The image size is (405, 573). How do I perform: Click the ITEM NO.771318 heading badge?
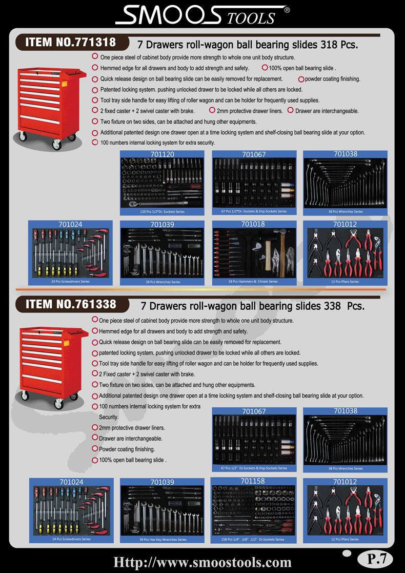point(72,43)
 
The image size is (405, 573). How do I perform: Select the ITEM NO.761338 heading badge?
point(72,304)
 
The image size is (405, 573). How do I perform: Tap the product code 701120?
point(164,154)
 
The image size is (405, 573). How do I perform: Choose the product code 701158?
point(253,481)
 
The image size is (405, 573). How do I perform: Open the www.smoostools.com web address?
point(202,562)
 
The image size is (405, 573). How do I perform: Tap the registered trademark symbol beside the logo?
point(287,10)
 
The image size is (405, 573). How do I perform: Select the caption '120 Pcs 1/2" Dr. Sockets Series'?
point(164,211)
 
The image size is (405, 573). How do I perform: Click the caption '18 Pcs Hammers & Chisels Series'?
point(254,282)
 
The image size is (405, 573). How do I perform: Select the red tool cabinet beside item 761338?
point(52,367)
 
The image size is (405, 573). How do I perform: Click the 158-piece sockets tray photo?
point(254,510)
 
